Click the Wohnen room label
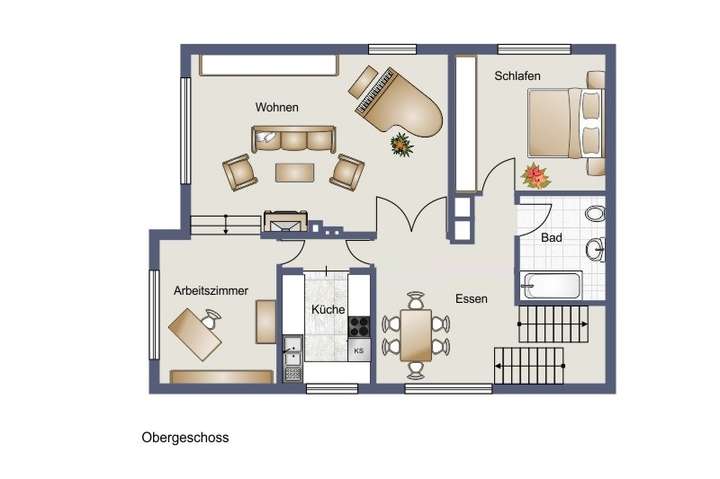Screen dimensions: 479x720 (276, 107)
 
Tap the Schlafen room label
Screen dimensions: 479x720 (517, 76)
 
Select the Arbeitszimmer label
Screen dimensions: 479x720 (210, 291)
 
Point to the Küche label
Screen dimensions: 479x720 (328, 311)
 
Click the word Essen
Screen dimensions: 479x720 (471, 298)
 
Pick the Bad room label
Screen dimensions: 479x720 (551, 239)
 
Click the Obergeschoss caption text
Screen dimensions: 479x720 (186, 438)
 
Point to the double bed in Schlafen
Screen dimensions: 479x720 (566, 122)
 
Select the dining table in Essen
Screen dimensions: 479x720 (415, 335)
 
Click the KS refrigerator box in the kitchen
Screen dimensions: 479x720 (359, 350)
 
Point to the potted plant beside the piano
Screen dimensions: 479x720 (402, 146)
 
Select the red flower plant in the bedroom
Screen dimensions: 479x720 (537, 177)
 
